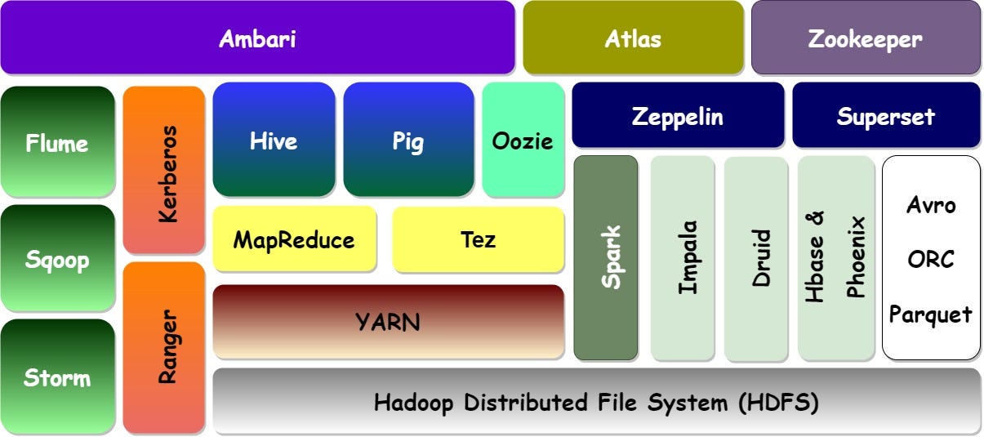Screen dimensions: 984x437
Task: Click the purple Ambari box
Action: click(257, 38)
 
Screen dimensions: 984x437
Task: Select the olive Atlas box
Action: click(633, 38)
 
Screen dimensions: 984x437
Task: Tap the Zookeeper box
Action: click(866, 38)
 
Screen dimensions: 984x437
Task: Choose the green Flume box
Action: click(57, 141)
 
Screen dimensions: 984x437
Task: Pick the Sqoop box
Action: click(57, 258)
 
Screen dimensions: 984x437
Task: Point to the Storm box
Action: click(57, 377)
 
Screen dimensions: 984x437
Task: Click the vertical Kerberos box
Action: click(164, 170)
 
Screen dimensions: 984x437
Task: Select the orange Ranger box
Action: click(164, 348)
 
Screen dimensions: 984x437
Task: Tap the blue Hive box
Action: click(274, 139)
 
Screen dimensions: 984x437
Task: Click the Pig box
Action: click(408, 139)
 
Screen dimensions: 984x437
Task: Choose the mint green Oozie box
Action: click(523, 139)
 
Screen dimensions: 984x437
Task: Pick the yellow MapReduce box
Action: click(294, 239)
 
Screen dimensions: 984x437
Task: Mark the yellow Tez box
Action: click(478, 239)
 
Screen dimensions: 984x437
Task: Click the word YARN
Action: click(388, 322)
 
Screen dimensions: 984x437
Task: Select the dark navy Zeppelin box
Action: click(678, 115)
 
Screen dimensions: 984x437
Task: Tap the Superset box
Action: click(886, 115)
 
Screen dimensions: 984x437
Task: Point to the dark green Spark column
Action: click(606, 258)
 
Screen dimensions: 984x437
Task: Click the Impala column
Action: click(683, 258)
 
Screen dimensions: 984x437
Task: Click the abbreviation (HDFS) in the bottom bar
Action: click(778, 402)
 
